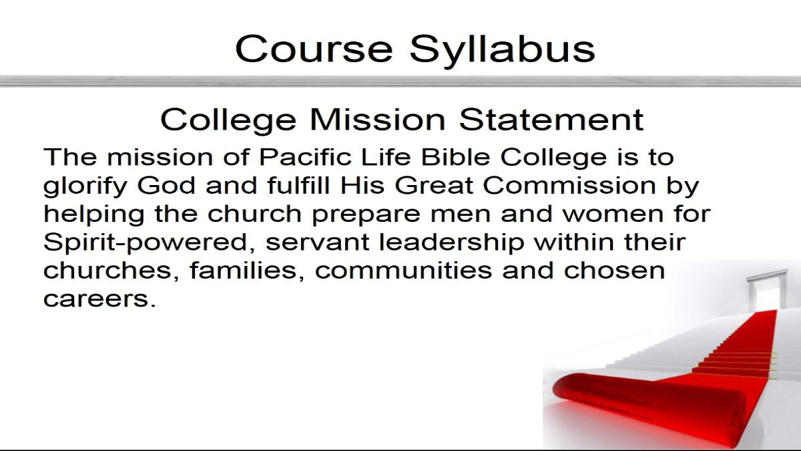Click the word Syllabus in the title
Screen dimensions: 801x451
pos(503,50)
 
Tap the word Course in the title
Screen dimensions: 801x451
pos(314,49)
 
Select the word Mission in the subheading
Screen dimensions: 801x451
pos(378,120)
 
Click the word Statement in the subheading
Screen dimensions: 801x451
pos(551,120)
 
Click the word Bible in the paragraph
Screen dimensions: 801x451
pos(455,157)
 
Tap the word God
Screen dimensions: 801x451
pos(166,186)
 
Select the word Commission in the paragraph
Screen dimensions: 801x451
pos(569,186)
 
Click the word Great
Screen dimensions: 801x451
pos(434,186)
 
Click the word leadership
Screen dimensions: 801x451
pos(451,243)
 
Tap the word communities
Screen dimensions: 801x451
pos(403,270)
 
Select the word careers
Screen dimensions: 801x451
pos(99,299)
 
